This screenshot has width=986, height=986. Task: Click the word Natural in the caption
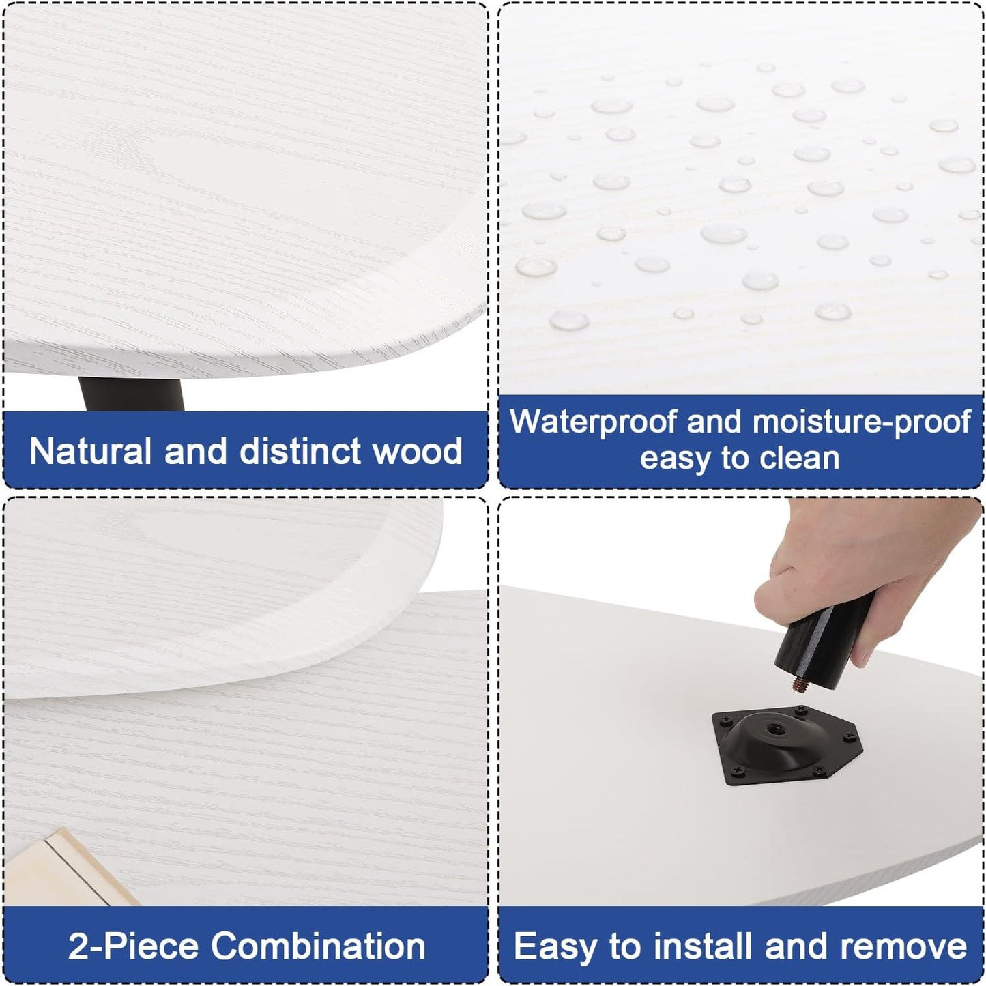pos(90,451)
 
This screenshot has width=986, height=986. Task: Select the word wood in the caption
pos(410,451)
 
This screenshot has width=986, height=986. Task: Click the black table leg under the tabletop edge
pos(132,394)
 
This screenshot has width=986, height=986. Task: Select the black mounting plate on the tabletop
pos(787,743)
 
